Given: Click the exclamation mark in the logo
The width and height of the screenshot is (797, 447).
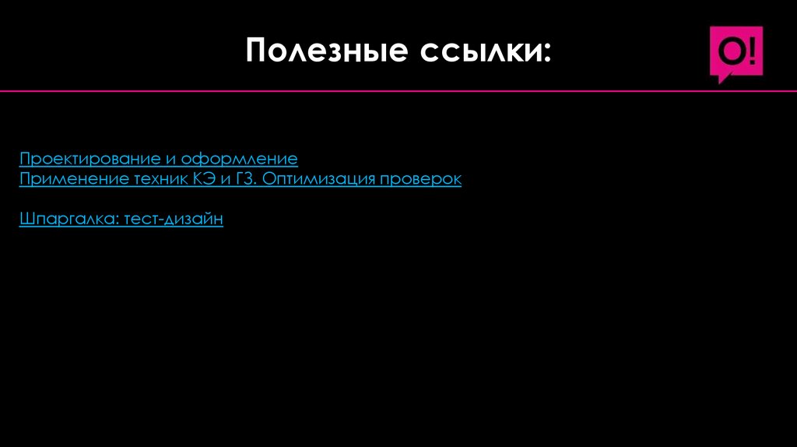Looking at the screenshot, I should [752, 51].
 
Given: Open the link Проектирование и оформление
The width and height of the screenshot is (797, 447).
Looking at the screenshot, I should [159, 159].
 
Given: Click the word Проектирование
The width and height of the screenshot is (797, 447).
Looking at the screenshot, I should [90, 159].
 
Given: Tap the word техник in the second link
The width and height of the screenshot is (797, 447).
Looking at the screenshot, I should [156, 179].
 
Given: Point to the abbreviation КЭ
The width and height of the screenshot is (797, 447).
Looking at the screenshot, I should [199, 179].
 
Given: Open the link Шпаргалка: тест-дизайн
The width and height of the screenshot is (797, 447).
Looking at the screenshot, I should [121, 220].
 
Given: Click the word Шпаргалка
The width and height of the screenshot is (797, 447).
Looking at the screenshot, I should [68, 220].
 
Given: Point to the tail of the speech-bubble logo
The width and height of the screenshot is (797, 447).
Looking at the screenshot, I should [723, 78].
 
